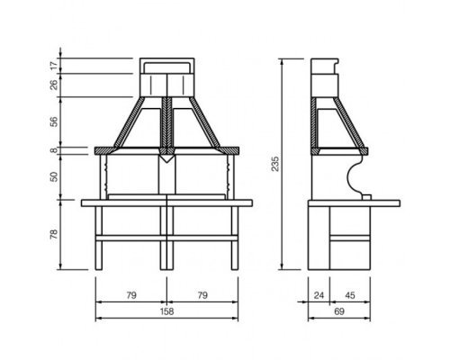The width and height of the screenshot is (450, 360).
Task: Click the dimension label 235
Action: [275, 164]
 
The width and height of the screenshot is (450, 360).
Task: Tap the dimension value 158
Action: [166, 311]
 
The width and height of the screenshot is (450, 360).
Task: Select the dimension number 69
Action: [339, 311]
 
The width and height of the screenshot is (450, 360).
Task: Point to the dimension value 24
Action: [319, 295]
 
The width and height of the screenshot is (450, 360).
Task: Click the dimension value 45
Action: [350, 295]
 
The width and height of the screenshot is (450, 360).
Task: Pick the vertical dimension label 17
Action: [54, 66]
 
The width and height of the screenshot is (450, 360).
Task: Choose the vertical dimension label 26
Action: [54, 85]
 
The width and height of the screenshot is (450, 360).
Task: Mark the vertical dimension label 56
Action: [54, 121]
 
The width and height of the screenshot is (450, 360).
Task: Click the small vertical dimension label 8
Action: [54, 150]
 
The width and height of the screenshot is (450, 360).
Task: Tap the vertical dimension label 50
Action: [54, 176]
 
